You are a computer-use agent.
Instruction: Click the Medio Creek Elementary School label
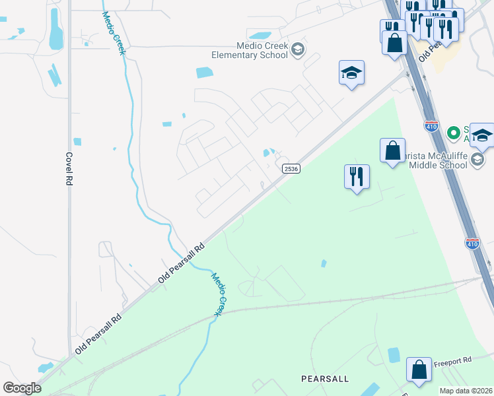click(x=250, y=50)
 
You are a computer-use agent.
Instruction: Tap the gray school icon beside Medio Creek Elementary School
click(x=298, y=49)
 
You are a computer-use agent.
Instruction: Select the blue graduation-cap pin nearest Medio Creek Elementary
click(x=352, y=73)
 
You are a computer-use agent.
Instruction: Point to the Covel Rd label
click(x=69, y=169)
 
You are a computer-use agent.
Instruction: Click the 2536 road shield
click(x=291, y=169)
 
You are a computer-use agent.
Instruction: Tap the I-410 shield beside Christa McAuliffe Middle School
click(x=431, y=125)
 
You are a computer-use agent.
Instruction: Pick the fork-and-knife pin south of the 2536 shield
click(x=357, y=177)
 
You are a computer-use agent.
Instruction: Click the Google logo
click(x=22, y=387)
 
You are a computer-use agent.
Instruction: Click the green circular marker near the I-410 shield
click(x=453, y=133)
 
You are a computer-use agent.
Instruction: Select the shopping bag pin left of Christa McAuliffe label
click(x=392, y=151)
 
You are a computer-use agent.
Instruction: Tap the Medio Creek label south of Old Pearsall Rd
click(x=220, y=293)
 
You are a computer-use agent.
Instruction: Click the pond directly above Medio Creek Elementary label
click(x=260, y=36)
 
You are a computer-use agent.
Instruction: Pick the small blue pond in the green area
click(x=324, y=263)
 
